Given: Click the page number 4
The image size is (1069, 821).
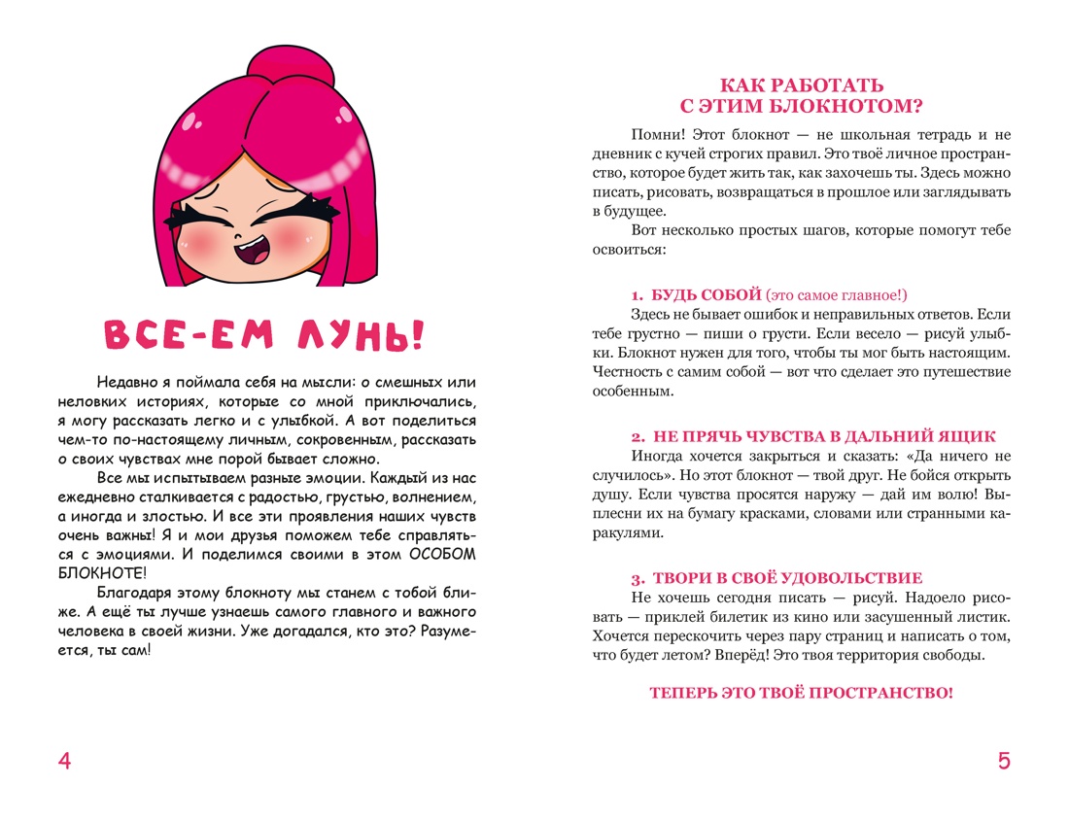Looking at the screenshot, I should [x=65, y=762].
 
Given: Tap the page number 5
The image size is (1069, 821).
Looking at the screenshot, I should [x=1004, y=762].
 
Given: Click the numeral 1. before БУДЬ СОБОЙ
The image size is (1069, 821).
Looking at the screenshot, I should [x=636, y=294].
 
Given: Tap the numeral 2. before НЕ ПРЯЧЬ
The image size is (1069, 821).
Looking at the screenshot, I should [x=637, y=436].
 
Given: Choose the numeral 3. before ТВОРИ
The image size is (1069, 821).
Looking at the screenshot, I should [x=637, y=578].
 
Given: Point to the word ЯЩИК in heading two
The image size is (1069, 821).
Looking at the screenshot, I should [x=964, y=436].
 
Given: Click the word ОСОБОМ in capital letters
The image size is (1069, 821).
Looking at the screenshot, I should [x=445, y=555].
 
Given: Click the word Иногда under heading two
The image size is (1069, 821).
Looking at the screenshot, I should [x=656, y=456].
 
